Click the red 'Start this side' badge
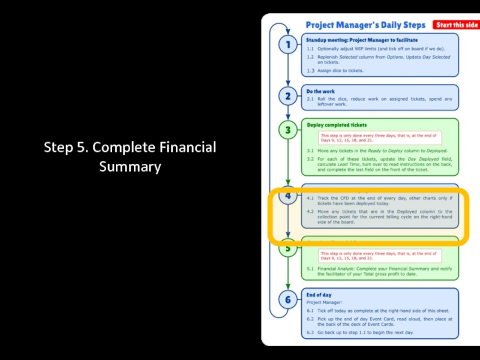click(457, 25)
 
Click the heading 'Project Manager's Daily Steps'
click(365, 25)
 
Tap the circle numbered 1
click(288, 45)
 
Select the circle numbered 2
click(288, 96)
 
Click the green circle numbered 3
click(288, 130)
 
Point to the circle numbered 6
click(288, 300)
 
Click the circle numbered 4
click(288, 196)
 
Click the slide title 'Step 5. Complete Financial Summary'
click(130, 157)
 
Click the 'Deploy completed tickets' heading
click(337, 125)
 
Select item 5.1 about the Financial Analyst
click(384, 272)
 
